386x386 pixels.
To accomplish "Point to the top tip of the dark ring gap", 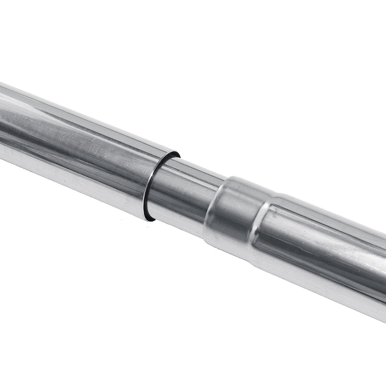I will (x=177, y=154).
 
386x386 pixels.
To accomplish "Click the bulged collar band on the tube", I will (x=232, y=212).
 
